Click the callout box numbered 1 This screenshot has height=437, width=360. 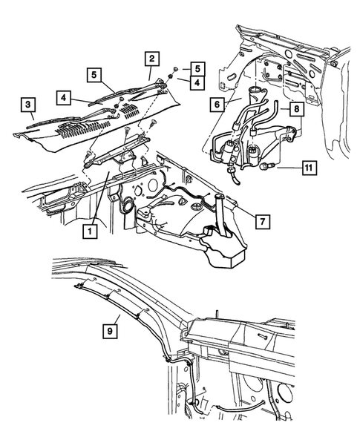coord(88,231)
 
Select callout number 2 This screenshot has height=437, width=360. coord(151,58)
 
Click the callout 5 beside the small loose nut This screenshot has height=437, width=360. coord(197,67)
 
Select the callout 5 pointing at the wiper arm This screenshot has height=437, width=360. coord(93,74)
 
